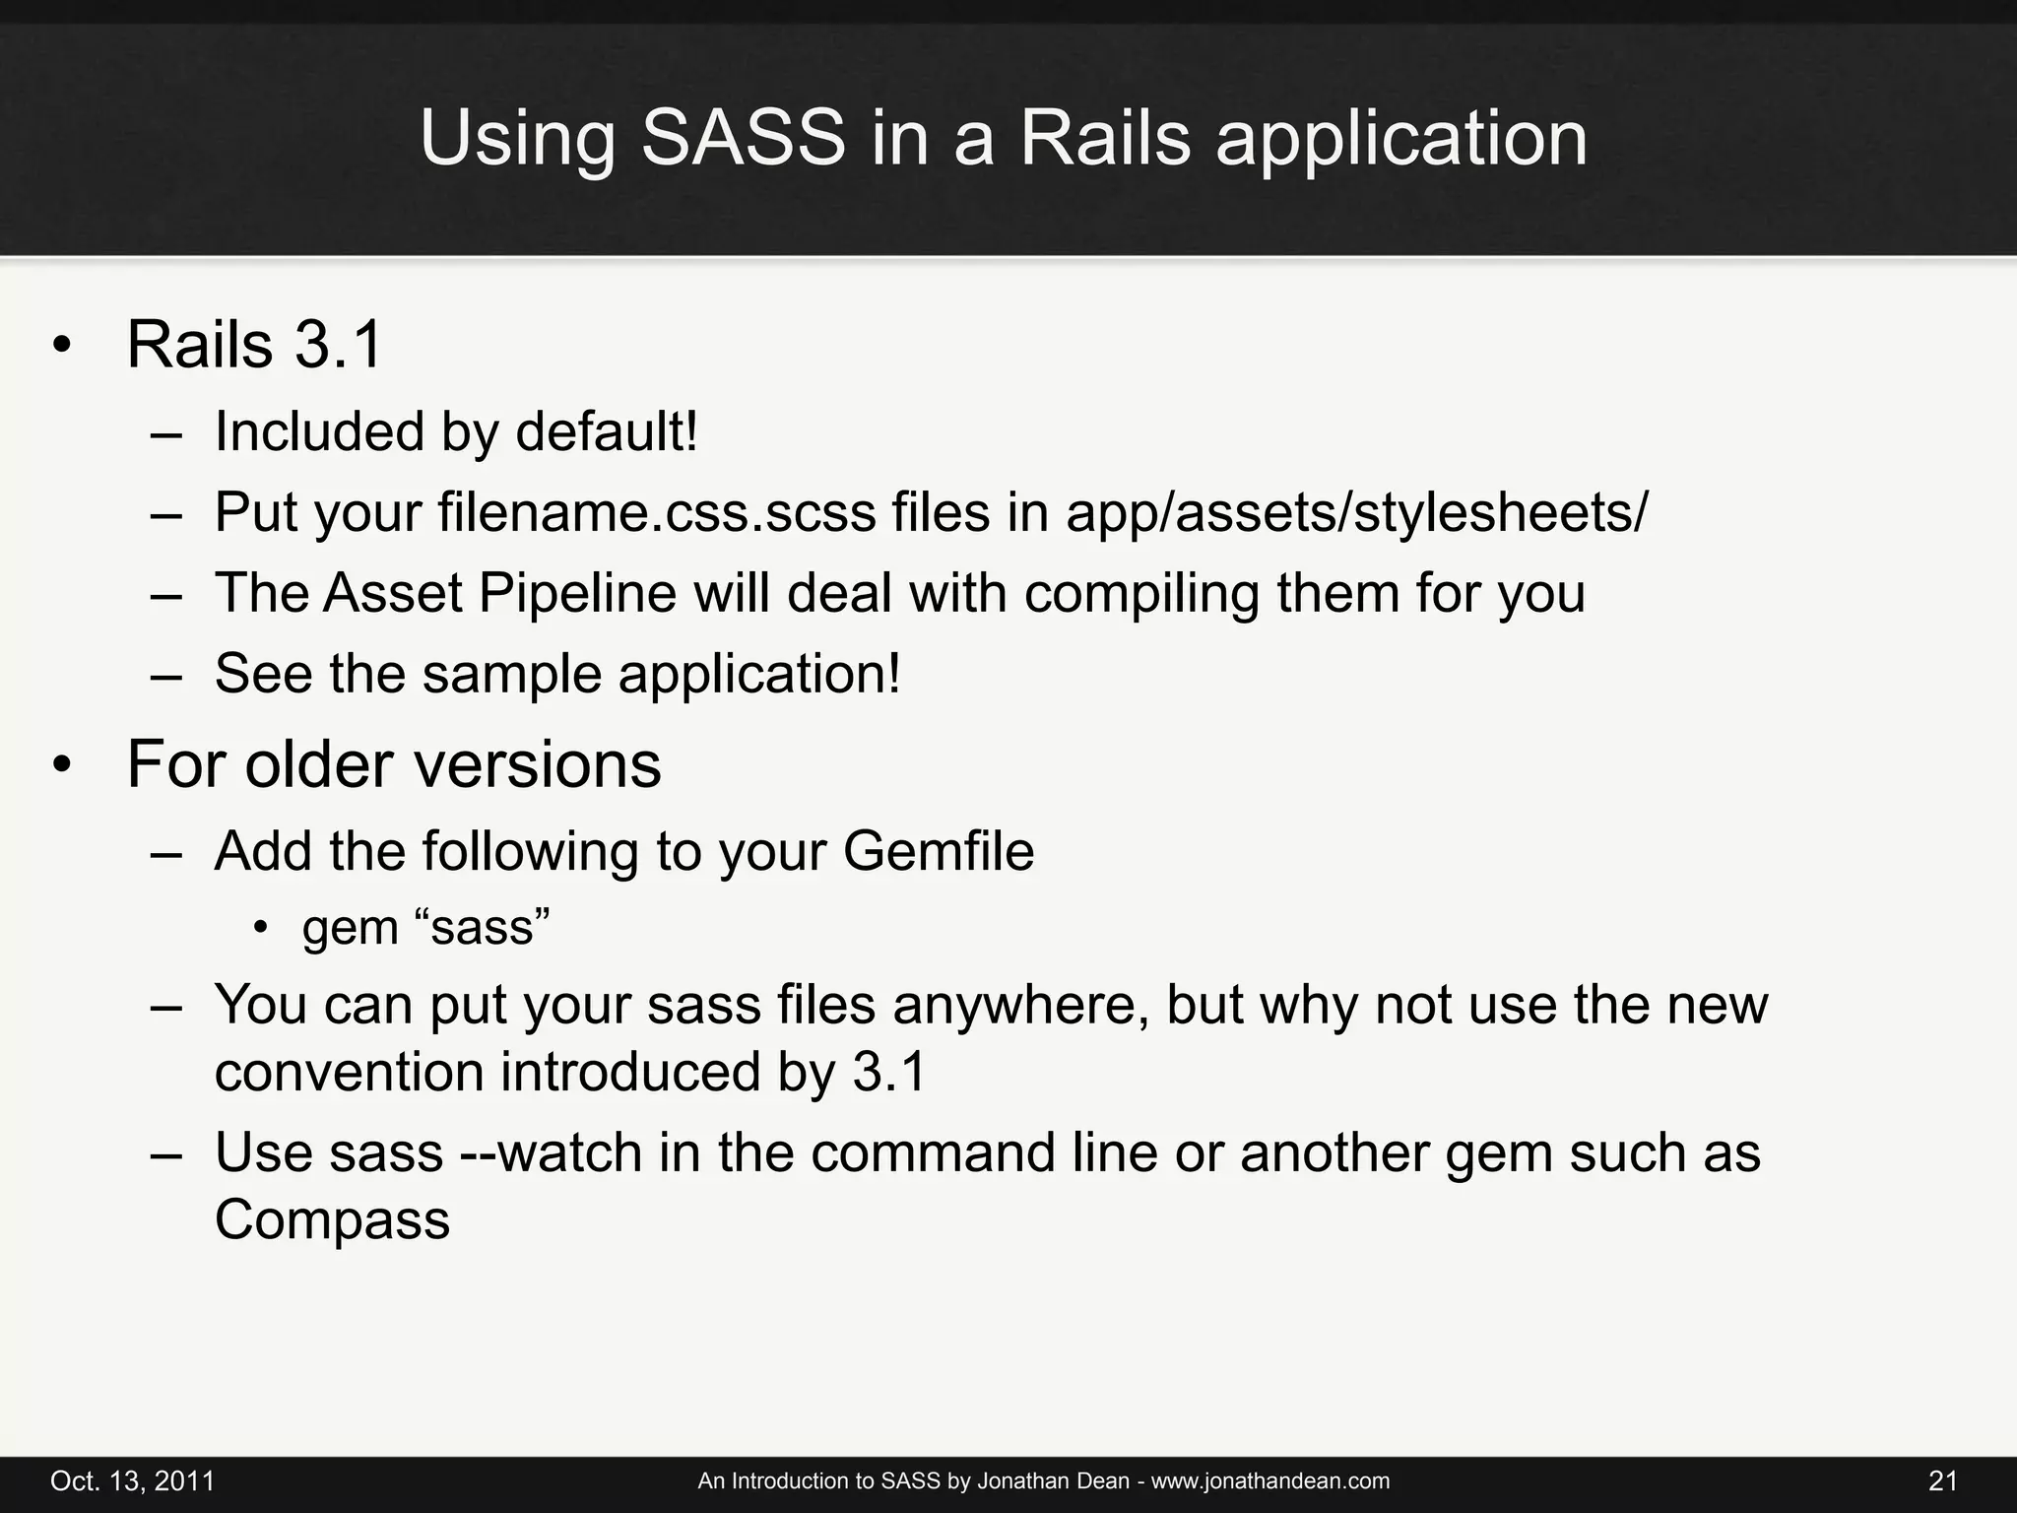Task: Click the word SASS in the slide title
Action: (743, 138)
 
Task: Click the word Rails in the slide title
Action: (1105, 138)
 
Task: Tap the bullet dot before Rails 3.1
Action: (62, 347)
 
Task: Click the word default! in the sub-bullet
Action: (607, 431)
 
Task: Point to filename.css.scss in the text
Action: (657, 512)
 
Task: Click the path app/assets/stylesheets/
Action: (1356, 512)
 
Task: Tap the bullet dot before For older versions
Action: (62, 765)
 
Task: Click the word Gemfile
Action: (939, 851)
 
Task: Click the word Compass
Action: (332, 1219)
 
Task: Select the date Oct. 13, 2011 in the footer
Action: (132, 1481)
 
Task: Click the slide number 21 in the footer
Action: (1943, 1481)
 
